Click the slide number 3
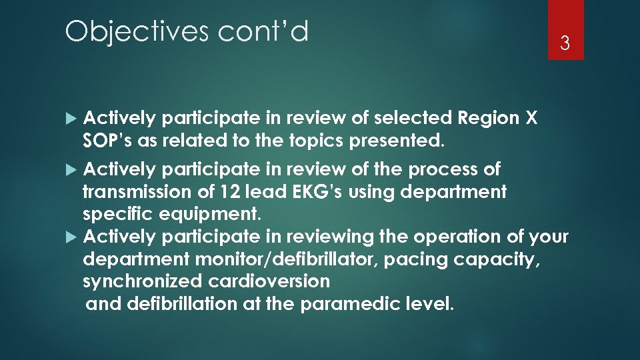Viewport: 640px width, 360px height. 565,44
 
